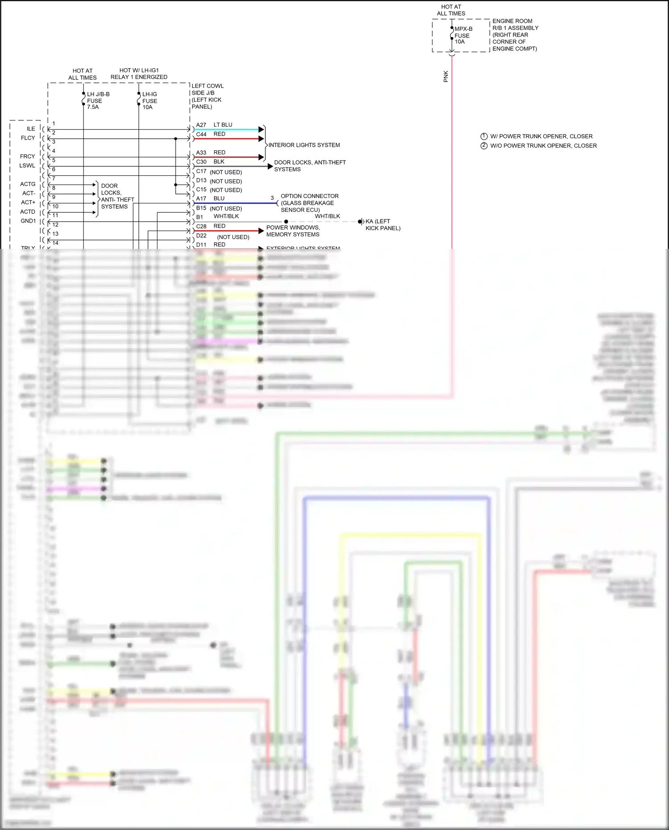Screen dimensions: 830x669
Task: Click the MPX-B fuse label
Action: [x=463, y=35]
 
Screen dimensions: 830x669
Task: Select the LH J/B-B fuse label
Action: [x=98, y=101]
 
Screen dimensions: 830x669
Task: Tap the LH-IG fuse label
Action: [x=149, y=101]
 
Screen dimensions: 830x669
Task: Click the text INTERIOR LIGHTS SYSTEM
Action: [x=304, y=145]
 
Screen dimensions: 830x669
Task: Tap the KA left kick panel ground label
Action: [x=383, y=225]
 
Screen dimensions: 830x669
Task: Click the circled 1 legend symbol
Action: [x=484, y=136]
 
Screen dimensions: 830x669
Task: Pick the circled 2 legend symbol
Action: [x=484, y=146]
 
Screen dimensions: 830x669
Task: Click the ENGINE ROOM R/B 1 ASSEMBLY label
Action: [x=515, y=35]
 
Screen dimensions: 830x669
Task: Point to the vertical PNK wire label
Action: [x=446, y=76]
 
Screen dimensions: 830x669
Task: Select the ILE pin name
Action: [x=31, y=129]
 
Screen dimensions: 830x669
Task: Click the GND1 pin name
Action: [x=28, y=221]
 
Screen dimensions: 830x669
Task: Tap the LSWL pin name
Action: [x=27, y=165]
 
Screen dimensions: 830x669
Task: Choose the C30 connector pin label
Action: [x=201, y=162]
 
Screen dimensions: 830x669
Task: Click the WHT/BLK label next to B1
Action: [x=226, y=216]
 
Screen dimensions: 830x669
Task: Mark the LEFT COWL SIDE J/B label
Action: [x=207, y=96]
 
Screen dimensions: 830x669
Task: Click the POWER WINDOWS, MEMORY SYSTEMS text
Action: [x=293, y=231]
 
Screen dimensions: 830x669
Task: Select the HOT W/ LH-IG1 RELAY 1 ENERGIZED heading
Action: [x=139, y=74]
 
